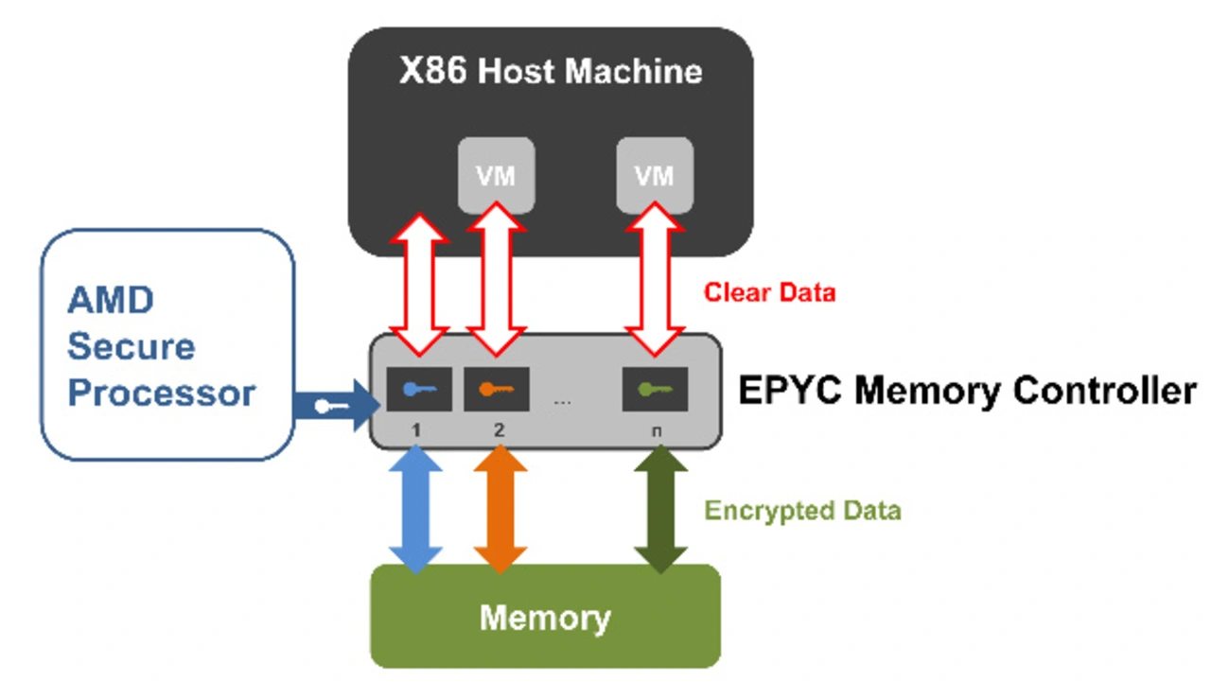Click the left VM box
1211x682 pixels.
(x=496, y=175)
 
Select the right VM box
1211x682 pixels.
(x=655, y=175)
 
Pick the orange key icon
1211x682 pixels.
(x=496, y=389)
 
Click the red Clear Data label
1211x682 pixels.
(x=769, y=292)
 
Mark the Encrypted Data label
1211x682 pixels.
(x=802, y=512)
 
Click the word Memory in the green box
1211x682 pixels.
(x=545, y=618)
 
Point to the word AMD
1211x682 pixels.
(x=110, y=302)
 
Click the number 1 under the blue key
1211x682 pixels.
(x=416, y=429)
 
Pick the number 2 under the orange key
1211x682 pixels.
(x=499, y=429)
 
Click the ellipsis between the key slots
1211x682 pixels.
(x=563, y=401)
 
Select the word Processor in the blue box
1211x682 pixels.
(x=162, y=393)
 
